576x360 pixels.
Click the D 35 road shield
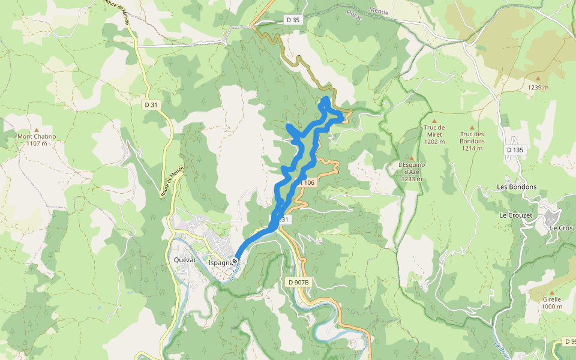[293, 20]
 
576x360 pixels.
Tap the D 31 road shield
[151, 105]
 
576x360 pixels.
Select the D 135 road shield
[515, 150]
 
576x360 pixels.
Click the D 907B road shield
[298, 282]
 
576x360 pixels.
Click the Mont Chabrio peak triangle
[37, 130]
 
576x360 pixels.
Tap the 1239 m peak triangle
[538, 79]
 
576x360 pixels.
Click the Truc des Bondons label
[472, 137]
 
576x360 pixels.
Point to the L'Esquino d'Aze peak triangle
[412, 158]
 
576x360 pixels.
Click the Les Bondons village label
[517, 187]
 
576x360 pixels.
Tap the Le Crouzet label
[517, 214]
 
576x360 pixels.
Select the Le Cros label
[561, 228]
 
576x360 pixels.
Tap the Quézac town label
[185, 260]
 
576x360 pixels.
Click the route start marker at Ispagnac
[235, 261]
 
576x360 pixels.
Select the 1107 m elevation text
[37, 143]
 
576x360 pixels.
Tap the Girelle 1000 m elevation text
[551, 307]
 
